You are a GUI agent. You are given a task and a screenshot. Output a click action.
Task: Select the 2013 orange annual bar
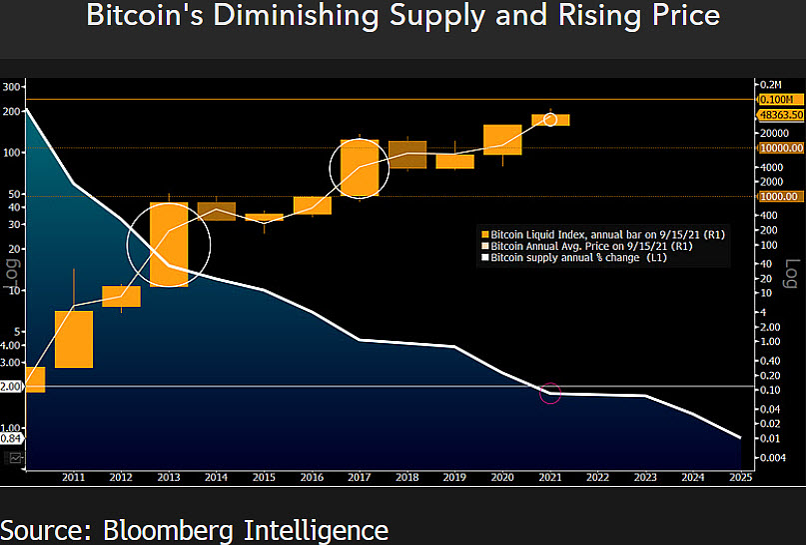[169, 245]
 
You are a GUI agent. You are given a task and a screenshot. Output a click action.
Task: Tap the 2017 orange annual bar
[360, 167]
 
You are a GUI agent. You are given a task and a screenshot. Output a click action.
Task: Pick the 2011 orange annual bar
[74, 339]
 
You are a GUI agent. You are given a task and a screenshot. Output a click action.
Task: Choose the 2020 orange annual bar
[502, 140]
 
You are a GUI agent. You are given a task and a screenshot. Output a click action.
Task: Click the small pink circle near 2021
[550, 393]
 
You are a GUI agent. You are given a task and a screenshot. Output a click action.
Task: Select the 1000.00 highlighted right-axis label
[780, 197]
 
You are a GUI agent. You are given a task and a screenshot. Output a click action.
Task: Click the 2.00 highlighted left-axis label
[10, 386]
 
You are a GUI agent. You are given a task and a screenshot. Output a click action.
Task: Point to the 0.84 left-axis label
[10, 437]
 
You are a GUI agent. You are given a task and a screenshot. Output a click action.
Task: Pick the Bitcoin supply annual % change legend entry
[579, 257]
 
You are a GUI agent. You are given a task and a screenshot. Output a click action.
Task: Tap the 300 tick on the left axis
[11, 87]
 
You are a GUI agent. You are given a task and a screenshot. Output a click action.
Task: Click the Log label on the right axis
[790, 273]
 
